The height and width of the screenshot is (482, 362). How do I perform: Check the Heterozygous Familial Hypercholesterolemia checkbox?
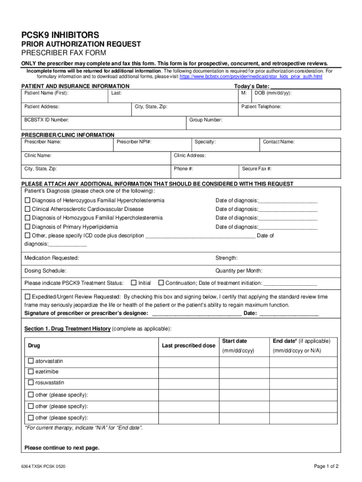(27, 201)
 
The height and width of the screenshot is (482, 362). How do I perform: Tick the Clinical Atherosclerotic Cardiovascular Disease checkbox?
(27, 209)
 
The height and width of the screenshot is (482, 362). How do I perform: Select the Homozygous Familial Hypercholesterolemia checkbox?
(27, 218)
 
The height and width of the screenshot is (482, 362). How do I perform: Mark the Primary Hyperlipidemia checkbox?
(27, 227)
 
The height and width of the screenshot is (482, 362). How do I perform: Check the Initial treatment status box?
(134, 283)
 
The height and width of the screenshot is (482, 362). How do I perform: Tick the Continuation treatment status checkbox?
(161, 283)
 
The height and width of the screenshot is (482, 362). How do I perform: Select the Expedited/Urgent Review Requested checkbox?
(27, 297)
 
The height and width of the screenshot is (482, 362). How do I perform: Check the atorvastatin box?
(31, 361)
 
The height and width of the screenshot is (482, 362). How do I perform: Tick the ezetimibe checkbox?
(31, 372)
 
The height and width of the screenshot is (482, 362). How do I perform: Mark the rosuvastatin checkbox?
(31, 383)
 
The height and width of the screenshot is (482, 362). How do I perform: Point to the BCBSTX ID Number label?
(47, 120)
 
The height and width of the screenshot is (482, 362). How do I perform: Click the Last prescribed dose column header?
(189, 345)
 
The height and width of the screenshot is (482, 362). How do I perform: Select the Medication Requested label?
(52, 258)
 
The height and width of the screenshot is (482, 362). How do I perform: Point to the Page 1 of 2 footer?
(326, 466)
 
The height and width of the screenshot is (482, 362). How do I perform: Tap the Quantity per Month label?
(239, 271)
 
